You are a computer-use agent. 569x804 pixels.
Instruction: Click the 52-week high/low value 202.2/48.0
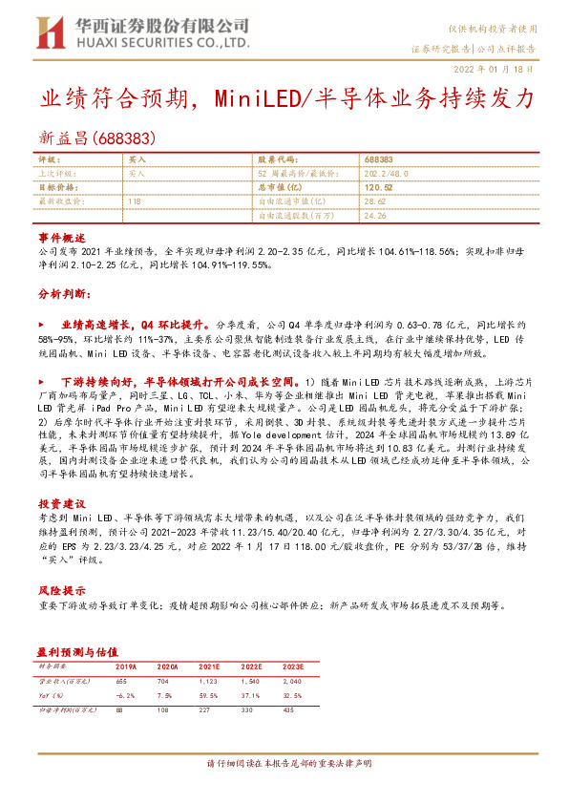point(386,174)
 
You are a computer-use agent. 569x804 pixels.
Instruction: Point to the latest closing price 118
point(134,202)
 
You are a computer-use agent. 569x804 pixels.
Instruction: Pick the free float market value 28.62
point(374,202)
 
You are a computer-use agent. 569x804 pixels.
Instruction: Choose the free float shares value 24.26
point(374,217)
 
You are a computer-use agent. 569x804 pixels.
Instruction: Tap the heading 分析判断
point(63,293)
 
